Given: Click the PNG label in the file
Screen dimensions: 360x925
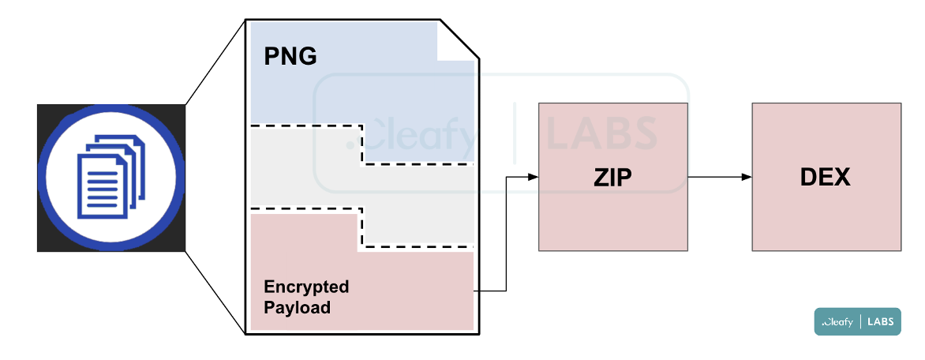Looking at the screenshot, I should click(x=290, y=57).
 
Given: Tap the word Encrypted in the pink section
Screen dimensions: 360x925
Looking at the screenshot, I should click(x=306, y=287).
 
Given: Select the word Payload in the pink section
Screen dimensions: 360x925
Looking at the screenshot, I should click(x=297, y=307).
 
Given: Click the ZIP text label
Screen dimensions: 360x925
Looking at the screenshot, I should click(x=612, y=178).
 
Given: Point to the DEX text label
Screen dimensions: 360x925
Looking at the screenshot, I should click(x=825, y=178).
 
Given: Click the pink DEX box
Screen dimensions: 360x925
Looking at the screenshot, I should click(x=826, y=213).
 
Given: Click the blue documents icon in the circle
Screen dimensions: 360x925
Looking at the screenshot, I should click(x=110, y=177).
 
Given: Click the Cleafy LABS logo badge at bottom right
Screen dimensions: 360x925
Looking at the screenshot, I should click(x=857, y=321).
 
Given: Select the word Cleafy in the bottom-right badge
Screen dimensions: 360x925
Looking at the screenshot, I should click(x=838, y=321).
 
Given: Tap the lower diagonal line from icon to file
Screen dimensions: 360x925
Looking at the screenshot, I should click(x=215, y=293).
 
